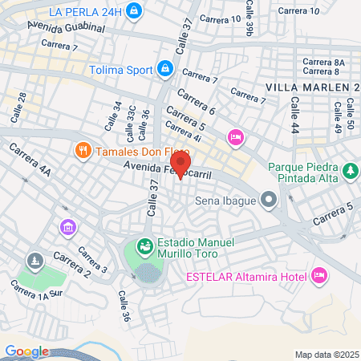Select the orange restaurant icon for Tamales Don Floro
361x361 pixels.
(82, 150)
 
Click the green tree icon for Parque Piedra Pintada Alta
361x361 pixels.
(350, 171)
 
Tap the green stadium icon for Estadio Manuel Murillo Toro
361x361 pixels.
(145, 246)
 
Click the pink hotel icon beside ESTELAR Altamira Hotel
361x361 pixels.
(318, 277)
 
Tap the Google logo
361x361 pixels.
(26, 351)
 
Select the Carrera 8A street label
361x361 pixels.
(323, 62)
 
